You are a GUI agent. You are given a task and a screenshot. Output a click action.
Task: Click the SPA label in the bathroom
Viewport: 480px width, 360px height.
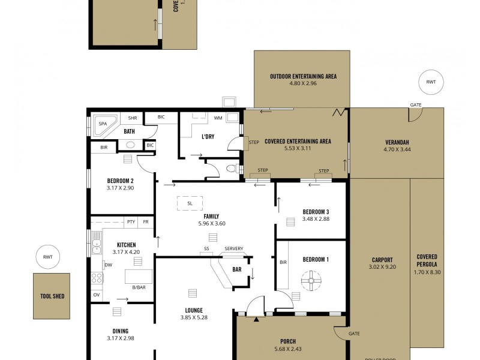point(103,124)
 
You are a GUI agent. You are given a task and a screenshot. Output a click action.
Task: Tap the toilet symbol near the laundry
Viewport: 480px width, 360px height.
point(232,169)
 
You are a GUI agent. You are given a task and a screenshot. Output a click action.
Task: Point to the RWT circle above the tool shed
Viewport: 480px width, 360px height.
point(48,257)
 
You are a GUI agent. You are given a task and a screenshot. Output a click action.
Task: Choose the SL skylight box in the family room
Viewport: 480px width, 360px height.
point(190,203)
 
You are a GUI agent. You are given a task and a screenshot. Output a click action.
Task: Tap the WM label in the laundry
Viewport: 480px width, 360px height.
point(218,118)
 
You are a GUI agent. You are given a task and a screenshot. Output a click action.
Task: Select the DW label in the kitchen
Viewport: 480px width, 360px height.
point(109,265)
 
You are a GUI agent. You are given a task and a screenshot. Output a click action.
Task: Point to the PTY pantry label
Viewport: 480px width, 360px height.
point(131,222)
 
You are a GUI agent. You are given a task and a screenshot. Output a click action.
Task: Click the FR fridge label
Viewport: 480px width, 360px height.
point(146,222)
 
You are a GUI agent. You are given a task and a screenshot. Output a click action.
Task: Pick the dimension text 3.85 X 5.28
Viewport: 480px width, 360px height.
point(193,318)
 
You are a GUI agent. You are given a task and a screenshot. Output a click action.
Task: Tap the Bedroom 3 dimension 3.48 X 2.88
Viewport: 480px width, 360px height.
point(316,219)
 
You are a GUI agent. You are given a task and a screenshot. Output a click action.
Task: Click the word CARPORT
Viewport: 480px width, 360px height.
point(382,259)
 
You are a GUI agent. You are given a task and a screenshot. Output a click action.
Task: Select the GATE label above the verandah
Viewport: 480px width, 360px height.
point(416,105)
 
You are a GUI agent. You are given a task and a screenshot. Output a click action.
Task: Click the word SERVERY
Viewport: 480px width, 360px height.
point(234,249)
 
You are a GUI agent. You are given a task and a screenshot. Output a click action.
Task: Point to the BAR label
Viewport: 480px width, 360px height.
point(237,269)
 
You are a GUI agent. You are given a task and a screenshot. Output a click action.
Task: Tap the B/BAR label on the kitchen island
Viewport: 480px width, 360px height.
point(139,287)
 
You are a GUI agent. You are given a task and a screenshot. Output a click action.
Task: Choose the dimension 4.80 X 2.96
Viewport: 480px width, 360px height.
point(302,84)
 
